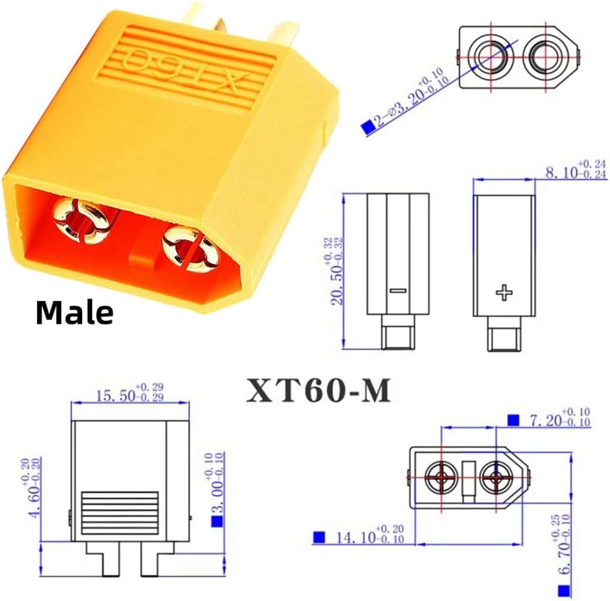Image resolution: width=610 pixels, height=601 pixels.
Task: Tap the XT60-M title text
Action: pyautogui.click(x=319, y=390)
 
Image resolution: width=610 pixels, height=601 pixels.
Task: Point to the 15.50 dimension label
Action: pyautogui.click(x=130, y=392)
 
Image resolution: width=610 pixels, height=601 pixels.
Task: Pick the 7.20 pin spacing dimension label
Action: pyautogui.click(x=560, y=417)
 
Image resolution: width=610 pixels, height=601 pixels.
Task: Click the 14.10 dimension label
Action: pyautogui.click(x=370, y=534)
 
